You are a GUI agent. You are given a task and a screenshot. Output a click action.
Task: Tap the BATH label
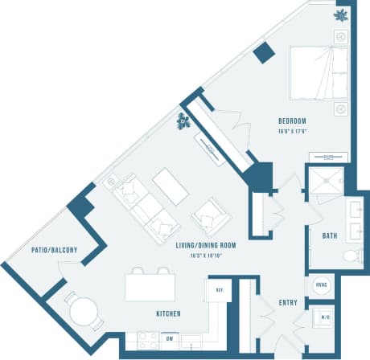pyautogui.click(x=330, y=236)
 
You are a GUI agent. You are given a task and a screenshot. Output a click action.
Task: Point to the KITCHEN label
pyautogui.click(x=168, y=313)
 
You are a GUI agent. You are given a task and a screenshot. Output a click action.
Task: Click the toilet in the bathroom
pyautogui.click(x=351, y=256)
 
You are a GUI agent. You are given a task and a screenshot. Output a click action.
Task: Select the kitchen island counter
pyautogui.click(x=150, y=287)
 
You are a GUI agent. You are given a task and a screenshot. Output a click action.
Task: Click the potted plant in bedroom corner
pyautogui.click(x=341, y=14)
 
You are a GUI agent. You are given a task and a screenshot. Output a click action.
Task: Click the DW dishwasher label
pyautogui.click(x=171, y=338)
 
